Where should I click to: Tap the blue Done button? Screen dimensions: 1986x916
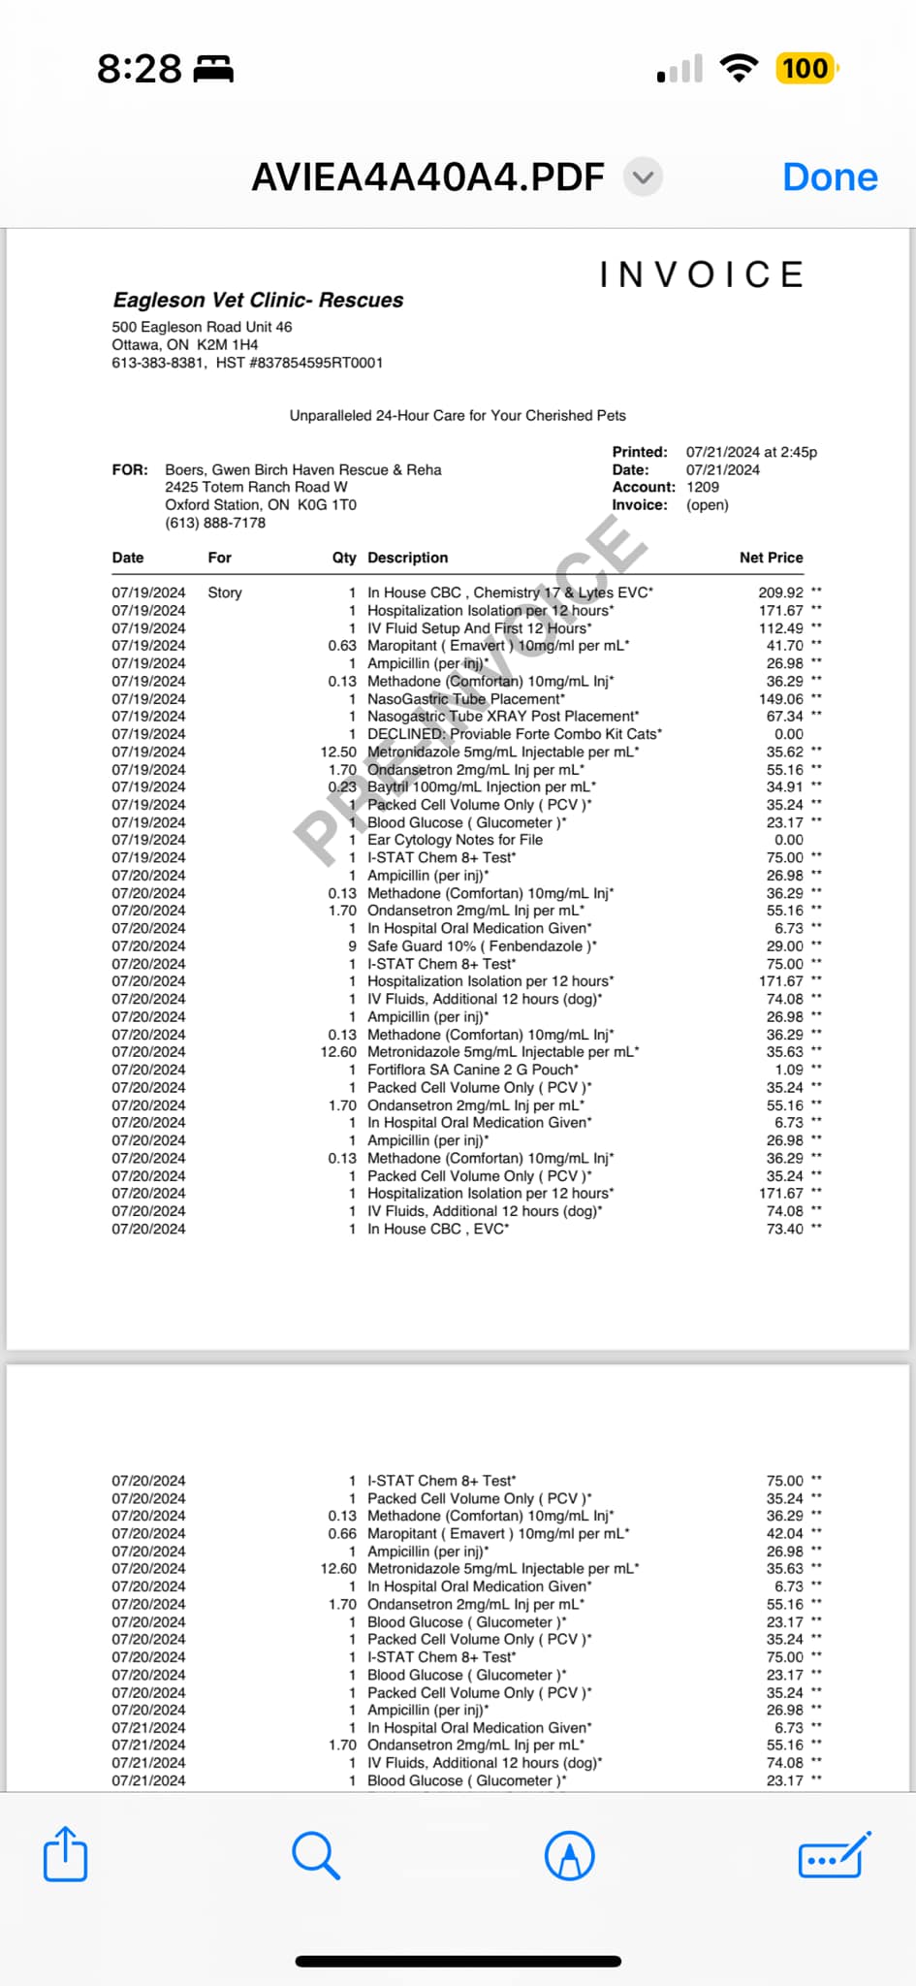(x=830, y=177)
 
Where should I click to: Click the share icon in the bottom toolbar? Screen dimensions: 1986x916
(x=66, y=1854)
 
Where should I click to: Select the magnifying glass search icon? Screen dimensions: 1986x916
(x=315, y=1855)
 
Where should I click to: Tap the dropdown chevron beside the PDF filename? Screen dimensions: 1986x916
(x=643, y=177)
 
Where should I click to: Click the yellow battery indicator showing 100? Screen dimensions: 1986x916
(x=805, y=69)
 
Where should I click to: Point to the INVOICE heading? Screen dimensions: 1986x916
(x=702, y=274)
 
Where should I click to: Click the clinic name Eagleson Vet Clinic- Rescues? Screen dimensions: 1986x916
(x=258, y=300)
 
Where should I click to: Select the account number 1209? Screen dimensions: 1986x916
(x=703, y=487)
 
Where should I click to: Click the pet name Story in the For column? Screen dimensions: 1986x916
(x=225, y=593)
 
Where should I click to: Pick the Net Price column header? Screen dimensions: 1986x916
(x=771, y=558)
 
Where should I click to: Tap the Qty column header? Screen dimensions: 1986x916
(x=344, y=558)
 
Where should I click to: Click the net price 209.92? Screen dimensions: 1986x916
(x=780, y=593)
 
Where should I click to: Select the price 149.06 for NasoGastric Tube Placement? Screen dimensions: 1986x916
(x=780, y=698)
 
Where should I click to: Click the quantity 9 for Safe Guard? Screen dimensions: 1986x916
(x=353, y=945)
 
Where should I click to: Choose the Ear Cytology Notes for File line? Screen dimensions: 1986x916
(x=455, y=840)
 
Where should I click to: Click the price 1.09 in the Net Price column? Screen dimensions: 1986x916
(x=789, y=1070)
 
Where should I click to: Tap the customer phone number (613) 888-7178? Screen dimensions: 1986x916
(x=215, y=523)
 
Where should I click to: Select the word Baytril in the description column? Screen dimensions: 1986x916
(x=388, y=786)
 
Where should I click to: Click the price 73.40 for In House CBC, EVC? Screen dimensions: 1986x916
(x=784, y=1229)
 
